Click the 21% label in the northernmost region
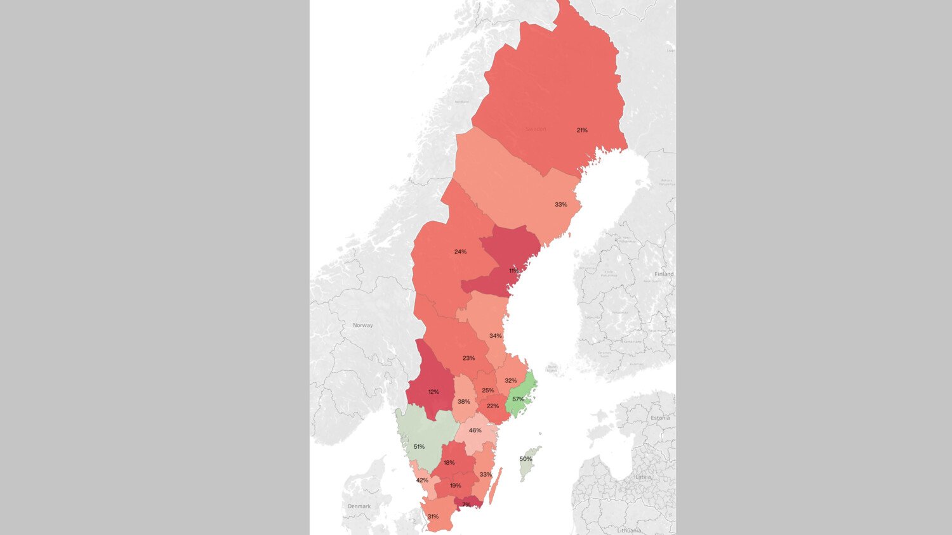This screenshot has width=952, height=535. tap(582, 130)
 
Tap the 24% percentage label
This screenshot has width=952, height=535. tap(460, 252)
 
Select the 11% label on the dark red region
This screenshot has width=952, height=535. tap(513, 271)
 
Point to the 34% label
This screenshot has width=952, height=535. tap(495, 336)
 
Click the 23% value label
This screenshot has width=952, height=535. tap(468, 358)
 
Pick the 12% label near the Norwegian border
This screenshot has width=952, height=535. tap(433, 392)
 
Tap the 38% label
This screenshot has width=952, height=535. tap(464, 401)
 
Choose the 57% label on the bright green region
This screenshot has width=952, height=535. tap(518, 399)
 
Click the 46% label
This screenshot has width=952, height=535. tap(475, 430)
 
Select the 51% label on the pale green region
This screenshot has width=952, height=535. tap(419, 447)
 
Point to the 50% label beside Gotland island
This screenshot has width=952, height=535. tap(526, 459)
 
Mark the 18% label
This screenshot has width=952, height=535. tap(449, 463)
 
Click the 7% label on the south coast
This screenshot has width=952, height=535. tap(466, 505)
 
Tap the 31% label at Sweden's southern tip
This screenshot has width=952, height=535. tap(433, 517)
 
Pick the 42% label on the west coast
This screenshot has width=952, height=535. tap(422, 480)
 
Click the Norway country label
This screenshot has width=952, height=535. tap(363, 325)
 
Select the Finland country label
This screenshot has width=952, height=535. tap(664, 274)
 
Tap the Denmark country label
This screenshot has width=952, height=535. tap(359, 506)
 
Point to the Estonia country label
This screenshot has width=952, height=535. tap(660, 418)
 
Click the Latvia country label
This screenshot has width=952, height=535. tap(644, 477)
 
